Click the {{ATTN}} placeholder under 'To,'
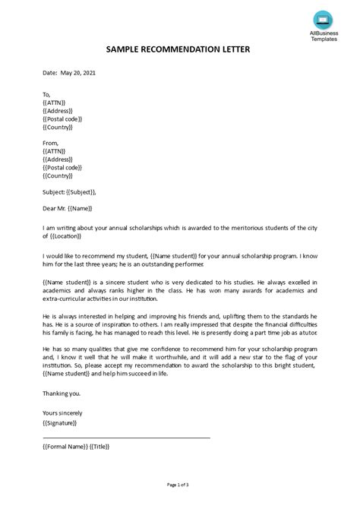click(55, 103)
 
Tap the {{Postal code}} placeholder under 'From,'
click(62, 168)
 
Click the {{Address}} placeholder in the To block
click(59, 111)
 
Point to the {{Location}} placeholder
click(71, 234)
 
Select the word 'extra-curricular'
click(67, 299)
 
